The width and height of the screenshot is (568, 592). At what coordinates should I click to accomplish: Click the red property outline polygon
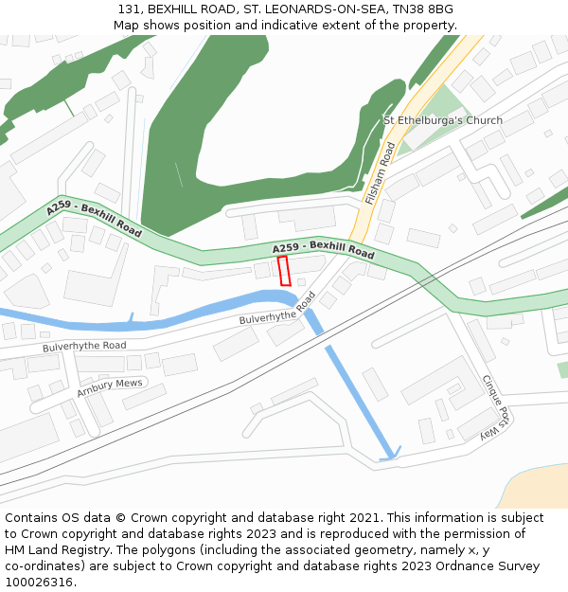point(283,270)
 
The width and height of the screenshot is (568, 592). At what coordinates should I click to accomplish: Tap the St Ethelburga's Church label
point(442,120)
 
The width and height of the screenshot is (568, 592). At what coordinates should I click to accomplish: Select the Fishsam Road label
point(380,173)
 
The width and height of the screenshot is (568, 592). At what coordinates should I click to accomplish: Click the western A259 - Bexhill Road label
point(94,220)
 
